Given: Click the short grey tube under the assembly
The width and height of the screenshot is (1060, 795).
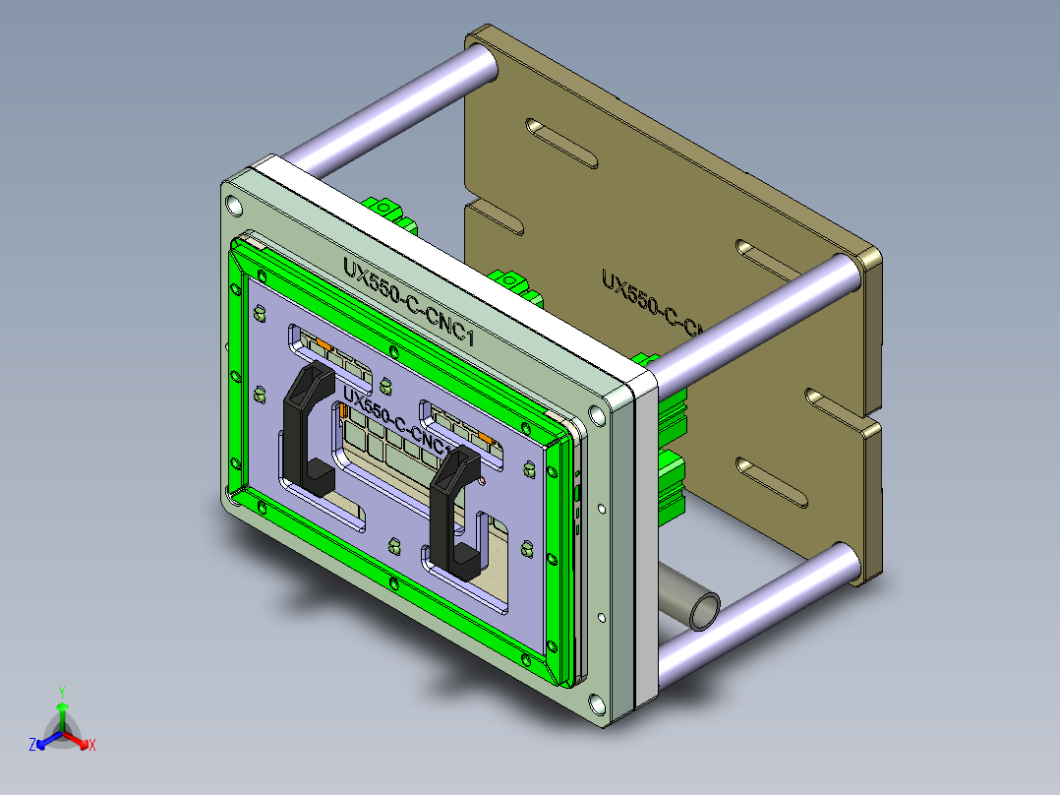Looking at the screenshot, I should point(694,599).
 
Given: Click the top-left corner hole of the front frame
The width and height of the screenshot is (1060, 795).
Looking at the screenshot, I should point(233,206).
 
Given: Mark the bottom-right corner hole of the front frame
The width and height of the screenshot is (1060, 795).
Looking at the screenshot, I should point(597,703).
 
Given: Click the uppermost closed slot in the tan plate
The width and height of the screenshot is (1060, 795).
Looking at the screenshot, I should point(561,142).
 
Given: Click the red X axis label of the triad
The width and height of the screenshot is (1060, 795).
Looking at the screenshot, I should point(92,746).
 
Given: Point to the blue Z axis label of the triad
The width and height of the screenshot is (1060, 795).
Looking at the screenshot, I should point(32,746).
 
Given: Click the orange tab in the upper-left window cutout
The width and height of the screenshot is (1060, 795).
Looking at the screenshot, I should point(323,343).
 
